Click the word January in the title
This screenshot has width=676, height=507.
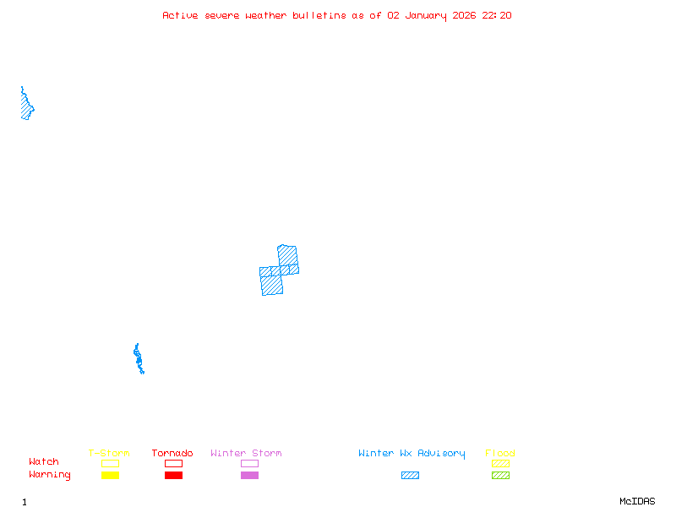tap(427, 15)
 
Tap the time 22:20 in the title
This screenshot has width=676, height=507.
tap(497, 15)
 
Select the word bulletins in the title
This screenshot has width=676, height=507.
tap(319, 15)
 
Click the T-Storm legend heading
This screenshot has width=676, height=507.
tap(109, 454)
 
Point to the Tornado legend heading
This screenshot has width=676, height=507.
tap(172, 454)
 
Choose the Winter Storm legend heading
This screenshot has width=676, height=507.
tap(246, 454)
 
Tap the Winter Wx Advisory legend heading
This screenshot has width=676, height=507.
tap(412, 454)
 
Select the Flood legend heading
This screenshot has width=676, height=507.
tap(500, 454)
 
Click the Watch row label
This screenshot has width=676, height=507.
tap(44, 462)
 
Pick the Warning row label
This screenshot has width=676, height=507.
tap(50, 475)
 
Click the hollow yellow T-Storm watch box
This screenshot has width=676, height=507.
tap(110, 463)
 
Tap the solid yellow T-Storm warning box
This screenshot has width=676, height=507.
tap(110, 475)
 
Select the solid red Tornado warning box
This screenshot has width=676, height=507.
tap(173, 475)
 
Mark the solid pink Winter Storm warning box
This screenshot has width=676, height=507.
tap(249, 475)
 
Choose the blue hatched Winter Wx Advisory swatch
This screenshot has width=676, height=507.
tap(410, 475)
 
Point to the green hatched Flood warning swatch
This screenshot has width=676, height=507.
tap(500, 475)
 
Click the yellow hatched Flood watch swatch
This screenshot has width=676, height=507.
tap(500, 463)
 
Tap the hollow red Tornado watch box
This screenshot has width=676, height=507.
tap(173, 463)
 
